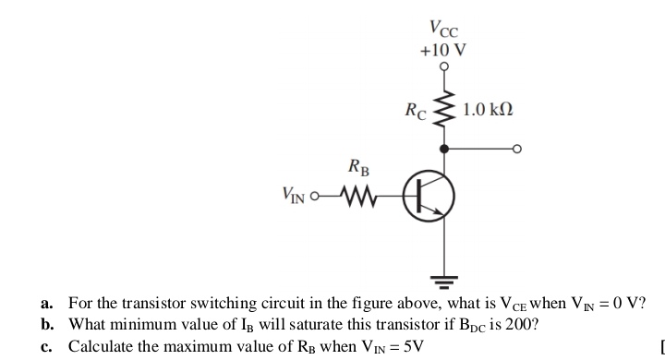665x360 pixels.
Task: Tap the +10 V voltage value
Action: tap(443, 49)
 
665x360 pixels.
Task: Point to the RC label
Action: tap(417, 112)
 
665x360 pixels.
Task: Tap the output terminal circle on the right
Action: tap(519, 148)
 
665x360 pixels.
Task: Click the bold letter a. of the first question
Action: tap(47, 305)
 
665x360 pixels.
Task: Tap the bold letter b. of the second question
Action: tap(47, 325)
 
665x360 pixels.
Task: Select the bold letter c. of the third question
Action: tap(47, 346)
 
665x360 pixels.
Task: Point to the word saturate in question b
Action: tap(286, 325)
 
